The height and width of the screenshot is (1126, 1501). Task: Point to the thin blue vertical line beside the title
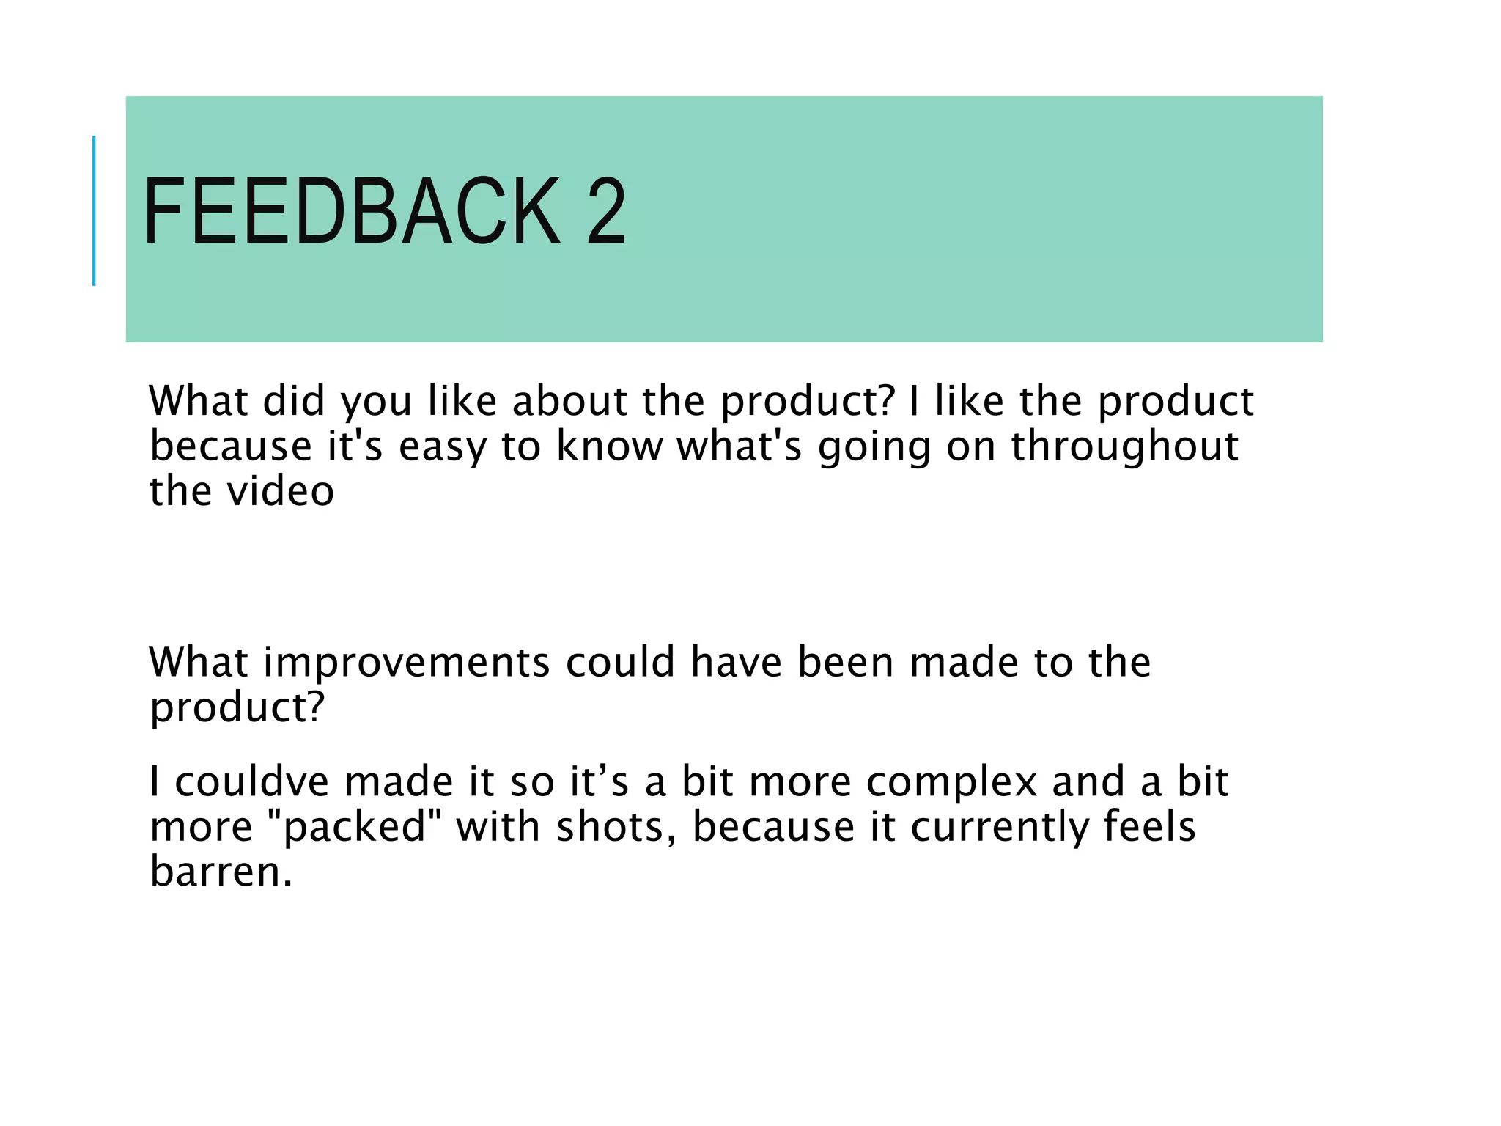tap(94, 210)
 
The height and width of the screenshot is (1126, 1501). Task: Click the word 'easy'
tap(442, 447)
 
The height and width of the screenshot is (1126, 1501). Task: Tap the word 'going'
tap(874, 447)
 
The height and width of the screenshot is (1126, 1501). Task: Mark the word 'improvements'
tap(406, 663)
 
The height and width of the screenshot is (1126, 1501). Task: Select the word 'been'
tap(846, 662)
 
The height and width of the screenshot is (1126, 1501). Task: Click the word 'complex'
tap(951, 783)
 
